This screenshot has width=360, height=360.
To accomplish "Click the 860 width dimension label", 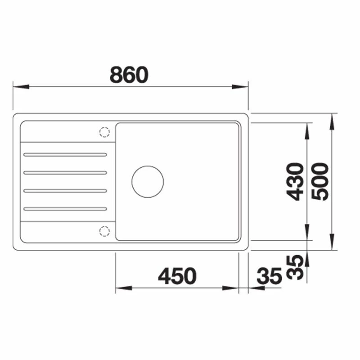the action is (129, 75).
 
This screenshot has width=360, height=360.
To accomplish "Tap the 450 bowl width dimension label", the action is (177, 276).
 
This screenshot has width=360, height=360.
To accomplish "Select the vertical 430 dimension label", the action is (295, 182).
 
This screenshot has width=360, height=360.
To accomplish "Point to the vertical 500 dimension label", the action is (320, 182).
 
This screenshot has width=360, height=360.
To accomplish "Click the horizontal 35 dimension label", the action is (269, 276).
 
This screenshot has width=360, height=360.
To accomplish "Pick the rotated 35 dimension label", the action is (295, 267).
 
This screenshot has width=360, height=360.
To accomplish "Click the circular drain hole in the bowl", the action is (148, 182).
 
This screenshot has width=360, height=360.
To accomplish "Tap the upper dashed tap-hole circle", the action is (104, 132).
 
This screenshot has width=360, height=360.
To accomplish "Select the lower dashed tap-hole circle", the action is (104, 231).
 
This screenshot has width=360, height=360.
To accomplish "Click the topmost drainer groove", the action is (65, 155).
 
